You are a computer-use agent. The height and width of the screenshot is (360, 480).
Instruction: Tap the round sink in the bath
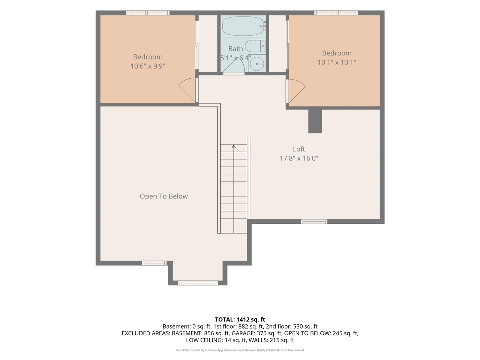click(x=257, y=64)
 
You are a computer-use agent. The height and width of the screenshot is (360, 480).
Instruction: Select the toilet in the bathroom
click(x=255, y=46)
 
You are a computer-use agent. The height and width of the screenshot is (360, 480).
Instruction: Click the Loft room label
click(x=299, y=149)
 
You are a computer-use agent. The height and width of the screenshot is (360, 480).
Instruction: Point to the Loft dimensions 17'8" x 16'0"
click(x=299, y=158)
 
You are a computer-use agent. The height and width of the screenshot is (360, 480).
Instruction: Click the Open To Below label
click(x=163, y=196)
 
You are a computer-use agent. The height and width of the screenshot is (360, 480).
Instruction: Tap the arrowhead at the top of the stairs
click(x=234, y=146)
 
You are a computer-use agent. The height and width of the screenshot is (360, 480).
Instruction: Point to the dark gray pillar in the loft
click(x=315, y=121)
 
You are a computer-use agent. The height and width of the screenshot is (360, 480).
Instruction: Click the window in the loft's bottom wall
click(x=314, y=222)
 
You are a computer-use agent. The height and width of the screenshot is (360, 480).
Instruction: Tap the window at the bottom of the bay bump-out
click(x=198, y=283)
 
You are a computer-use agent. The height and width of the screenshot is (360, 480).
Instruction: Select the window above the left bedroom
click(x=148, y=13)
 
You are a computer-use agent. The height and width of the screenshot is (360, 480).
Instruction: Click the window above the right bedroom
click(x=336, y=13)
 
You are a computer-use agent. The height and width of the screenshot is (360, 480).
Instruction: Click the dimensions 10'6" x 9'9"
click(x=148, y=66)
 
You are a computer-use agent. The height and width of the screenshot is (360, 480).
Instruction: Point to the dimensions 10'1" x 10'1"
click(x=337, y=62)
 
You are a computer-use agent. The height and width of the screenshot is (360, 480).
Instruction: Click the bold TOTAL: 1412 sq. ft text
click(x=240, y=319)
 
